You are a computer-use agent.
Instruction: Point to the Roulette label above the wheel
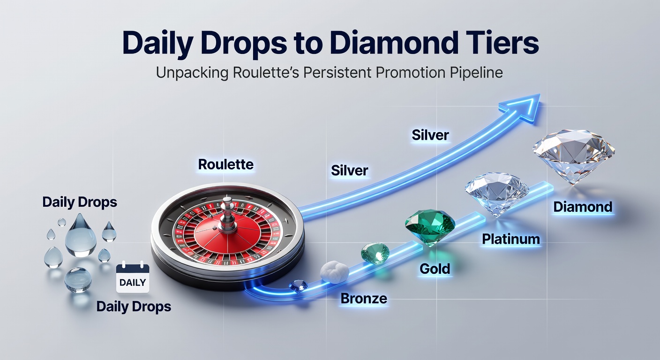click(225, 165)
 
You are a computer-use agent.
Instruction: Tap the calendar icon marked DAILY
click(133, 278)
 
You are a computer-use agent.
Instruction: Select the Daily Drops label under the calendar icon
click(134, 307)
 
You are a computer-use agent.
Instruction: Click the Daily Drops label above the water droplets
click(80, 202)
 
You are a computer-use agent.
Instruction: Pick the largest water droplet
click(81, 234)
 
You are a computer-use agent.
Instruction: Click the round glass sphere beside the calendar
click(78, 279)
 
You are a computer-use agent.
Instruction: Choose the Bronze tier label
click(364, 299)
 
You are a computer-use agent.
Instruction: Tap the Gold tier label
click(435, 269)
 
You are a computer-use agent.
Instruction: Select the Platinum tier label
click(511, 240)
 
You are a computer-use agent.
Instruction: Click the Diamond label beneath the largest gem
click(583, 207)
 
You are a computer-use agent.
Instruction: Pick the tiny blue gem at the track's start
click(298, 285)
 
